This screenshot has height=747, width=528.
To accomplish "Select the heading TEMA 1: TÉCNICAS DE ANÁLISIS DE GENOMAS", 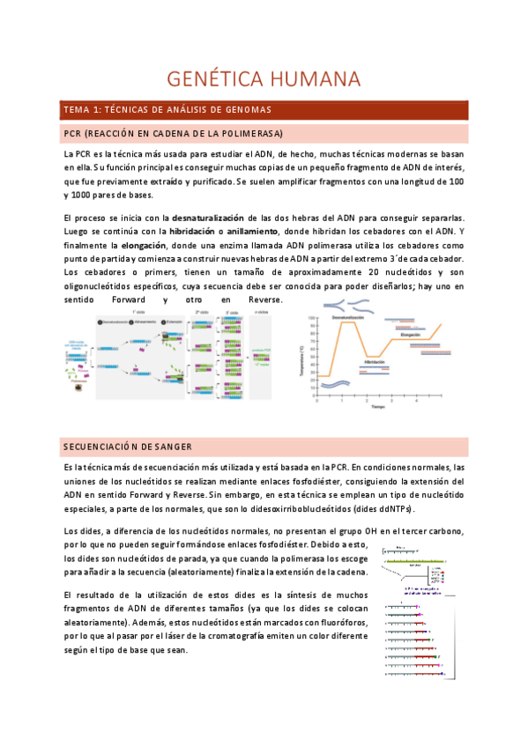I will [x=167, y=110].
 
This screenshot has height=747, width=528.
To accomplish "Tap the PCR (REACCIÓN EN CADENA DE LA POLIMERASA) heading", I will [x=174, y=134].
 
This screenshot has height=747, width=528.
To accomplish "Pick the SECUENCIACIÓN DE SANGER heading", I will [x=129, y=447].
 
